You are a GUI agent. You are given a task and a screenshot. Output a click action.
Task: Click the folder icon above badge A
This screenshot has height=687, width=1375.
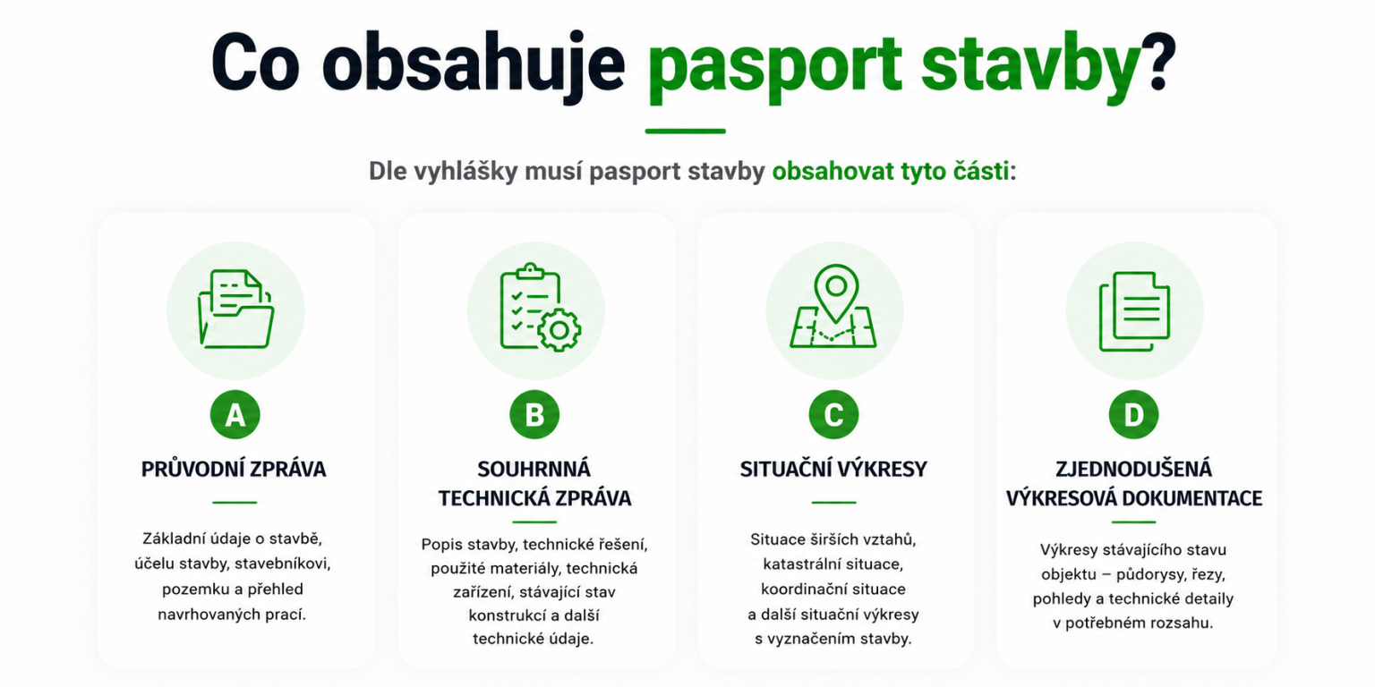[x=235, y=310]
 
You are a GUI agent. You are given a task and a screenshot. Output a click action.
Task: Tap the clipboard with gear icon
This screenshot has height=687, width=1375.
[x=540, y=308]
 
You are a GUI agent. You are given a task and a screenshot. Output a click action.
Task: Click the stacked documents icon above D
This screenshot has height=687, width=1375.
[x=1134, y=311]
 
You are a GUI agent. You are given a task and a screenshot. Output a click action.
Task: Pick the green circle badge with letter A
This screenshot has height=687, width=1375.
[x=235, y=415]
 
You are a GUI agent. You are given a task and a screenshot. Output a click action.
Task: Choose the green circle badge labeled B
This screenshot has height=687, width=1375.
[x=534, y=415]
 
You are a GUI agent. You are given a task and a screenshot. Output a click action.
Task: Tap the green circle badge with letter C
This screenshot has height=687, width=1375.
[x=833, y=415]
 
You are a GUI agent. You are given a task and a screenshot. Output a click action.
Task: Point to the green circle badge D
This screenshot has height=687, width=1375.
[x=1134, y=415]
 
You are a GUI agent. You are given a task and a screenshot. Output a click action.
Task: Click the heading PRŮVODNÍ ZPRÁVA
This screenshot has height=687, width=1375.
[x=234, y=469]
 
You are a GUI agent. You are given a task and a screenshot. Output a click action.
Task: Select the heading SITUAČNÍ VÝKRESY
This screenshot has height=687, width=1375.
[x=833, y=470]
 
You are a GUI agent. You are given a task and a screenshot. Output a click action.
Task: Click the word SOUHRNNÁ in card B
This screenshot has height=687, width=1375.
[x=534, y=470]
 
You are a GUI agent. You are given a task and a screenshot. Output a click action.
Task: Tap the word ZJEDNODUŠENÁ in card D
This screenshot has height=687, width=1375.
[x=1134, y=470]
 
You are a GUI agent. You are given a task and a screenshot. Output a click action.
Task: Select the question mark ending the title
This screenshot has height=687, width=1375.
[x=1157, y=62]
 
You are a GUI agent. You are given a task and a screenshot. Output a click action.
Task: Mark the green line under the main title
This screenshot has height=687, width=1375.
[x=686, y=131]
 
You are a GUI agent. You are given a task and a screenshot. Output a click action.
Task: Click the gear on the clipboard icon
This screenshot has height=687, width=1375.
[x=559, y=330]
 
